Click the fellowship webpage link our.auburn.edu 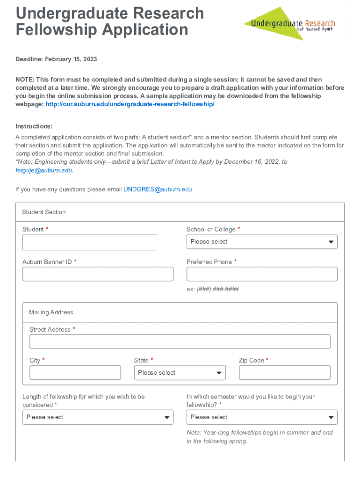click(x=130, y=104)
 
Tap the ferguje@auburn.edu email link click(x=44, y=171)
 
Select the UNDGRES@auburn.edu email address click(x=158, y=189)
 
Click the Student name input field click(x=90, y=242)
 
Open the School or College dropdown click(x=262, y=242)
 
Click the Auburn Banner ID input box click(x=98, y=274)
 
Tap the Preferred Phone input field click(x=262, y=274)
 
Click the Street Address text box click(x=180, y=342)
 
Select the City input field click(x=75, y=373)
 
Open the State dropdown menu click(x=180, y=373)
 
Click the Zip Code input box click(x=285, y=373)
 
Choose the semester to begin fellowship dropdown click(x=262, y=417)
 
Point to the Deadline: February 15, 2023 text click(x=56, y=59)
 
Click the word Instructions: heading click(x=34, y=127)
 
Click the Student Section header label click(x=44, y=212)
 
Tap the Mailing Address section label click(x=51, y=312)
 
